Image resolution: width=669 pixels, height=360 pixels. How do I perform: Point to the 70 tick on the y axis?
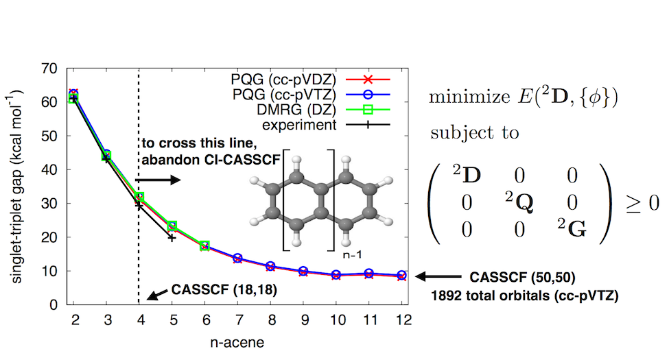click(x=49, y=69)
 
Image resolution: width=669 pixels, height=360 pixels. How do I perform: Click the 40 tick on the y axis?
click(x=49, y=169)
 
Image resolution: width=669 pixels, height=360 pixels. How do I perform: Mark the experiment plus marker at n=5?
click(x=172, y=237)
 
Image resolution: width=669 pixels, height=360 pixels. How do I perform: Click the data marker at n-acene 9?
click(x=303, y=272)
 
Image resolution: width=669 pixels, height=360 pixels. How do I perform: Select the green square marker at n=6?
click(x=204, y=245)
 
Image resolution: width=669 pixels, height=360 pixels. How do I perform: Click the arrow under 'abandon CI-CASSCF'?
click(x=162, y=180)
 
